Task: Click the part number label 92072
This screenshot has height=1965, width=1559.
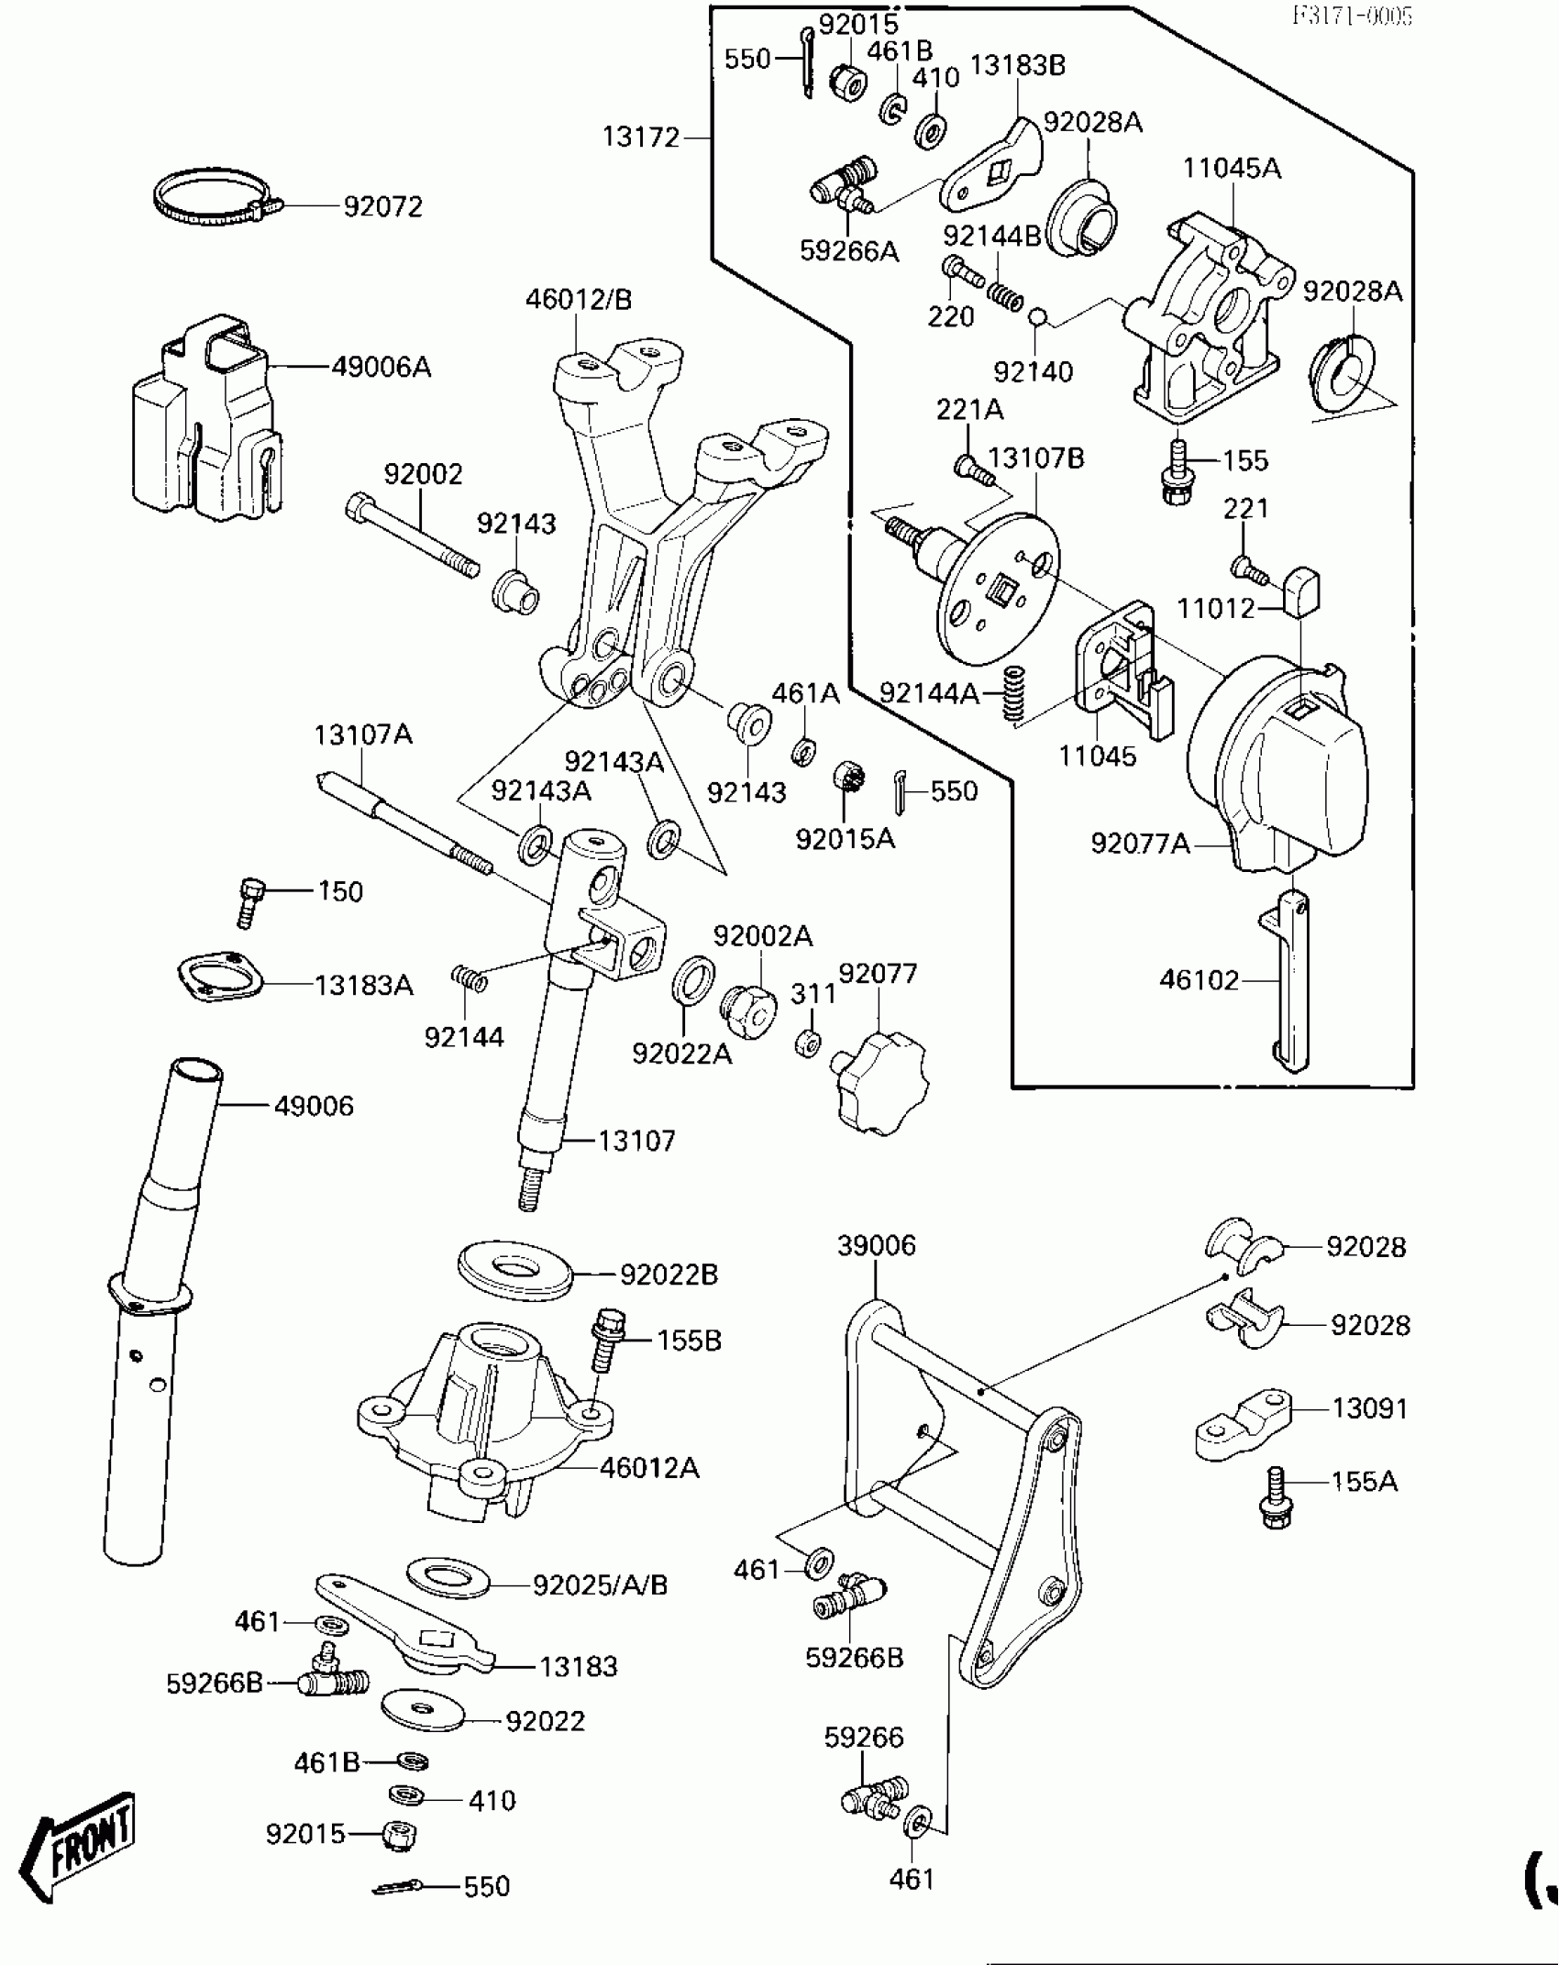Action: pyautogui.click(x=382, y=207)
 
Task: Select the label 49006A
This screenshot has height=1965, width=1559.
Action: pyautogui.click(x=381, y=367)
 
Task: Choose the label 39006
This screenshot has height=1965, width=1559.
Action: pyautogui.click(x=876, y=1245)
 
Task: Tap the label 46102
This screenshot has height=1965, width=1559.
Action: pyautogui.click(x=1199, y=980)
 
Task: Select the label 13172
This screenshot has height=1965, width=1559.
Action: pyautogui.click(x=641, y=138)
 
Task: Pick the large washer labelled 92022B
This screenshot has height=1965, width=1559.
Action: pyautogui.click(x=514, y=1270)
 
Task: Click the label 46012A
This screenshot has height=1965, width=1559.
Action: pyautogui.click(x=649, y=1468)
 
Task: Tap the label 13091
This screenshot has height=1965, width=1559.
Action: pyautogui.click(x=1369, y=1408)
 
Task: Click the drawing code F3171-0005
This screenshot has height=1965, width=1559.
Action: pyautogui.click(x=1352, y=16)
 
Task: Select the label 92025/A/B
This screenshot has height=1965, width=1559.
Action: pyautogui.click(x=601, y=1584)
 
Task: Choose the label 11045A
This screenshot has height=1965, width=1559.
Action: pyautogui.click(x=1231, y=169)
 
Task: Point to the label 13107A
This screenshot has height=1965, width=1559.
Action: pyautogui.click(x=363, y=734)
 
